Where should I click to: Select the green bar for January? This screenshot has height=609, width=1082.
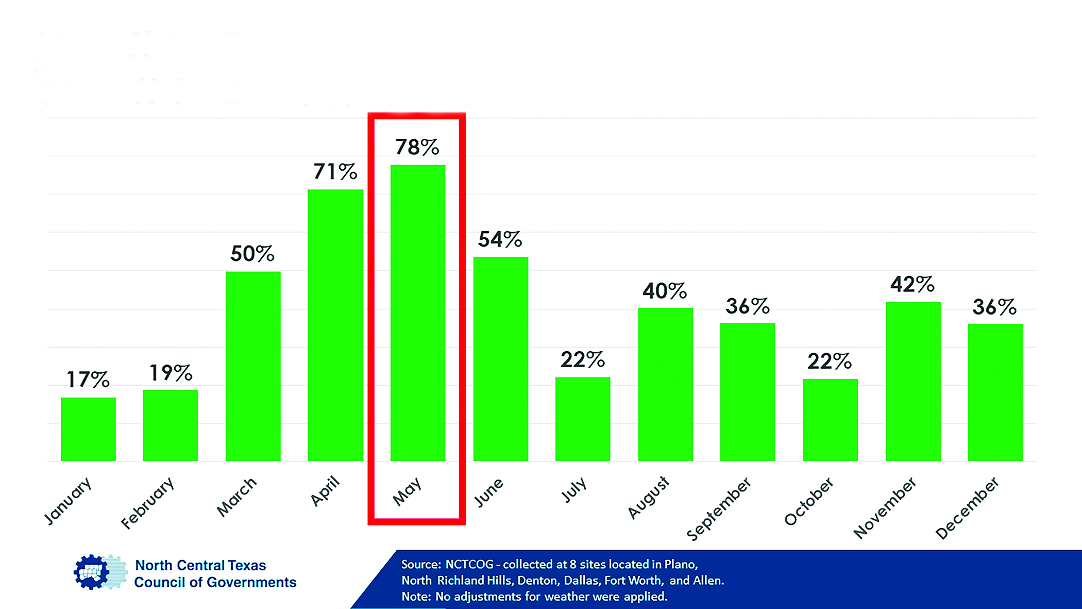point(88,429)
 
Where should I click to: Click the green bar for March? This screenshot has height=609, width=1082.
point(253,366)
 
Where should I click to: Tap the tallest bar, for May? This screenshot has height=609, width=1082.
point(418,312)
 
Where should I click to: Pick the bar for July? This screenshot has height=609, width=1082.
point(583,419)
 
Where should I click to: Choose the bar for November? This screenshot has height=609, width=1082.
point(913,381)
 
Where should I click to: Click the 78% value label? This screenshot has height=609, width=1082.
point(417,147)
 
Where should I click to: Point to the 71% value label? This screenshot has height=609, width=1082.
point(335,172)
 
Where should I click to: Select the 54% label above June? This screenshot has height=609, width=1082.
point(500,239)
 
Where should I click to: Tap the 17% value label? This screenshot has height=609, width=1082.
point(88,380)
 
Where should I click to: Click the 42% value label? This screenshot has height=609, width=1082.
point(912,284)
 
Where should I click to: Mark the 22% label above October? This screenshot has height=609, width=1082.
point(830,361)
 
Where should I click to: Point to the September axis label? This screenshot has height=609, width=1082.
point(719,508)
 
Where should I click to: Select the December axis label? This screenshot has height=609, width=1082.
point(967,508)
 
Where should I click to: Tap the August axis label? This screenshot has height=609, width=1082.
point(648,498)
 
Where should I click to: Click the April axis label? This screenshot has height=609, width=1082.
point(325,490)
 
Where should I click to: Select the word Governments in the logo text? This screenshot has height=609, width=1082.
point(257,583)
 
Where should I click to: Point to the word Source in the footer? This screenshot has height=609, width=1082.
point(420,565)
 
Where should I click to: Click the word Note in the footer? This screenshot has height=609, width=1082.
point(415,597)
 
